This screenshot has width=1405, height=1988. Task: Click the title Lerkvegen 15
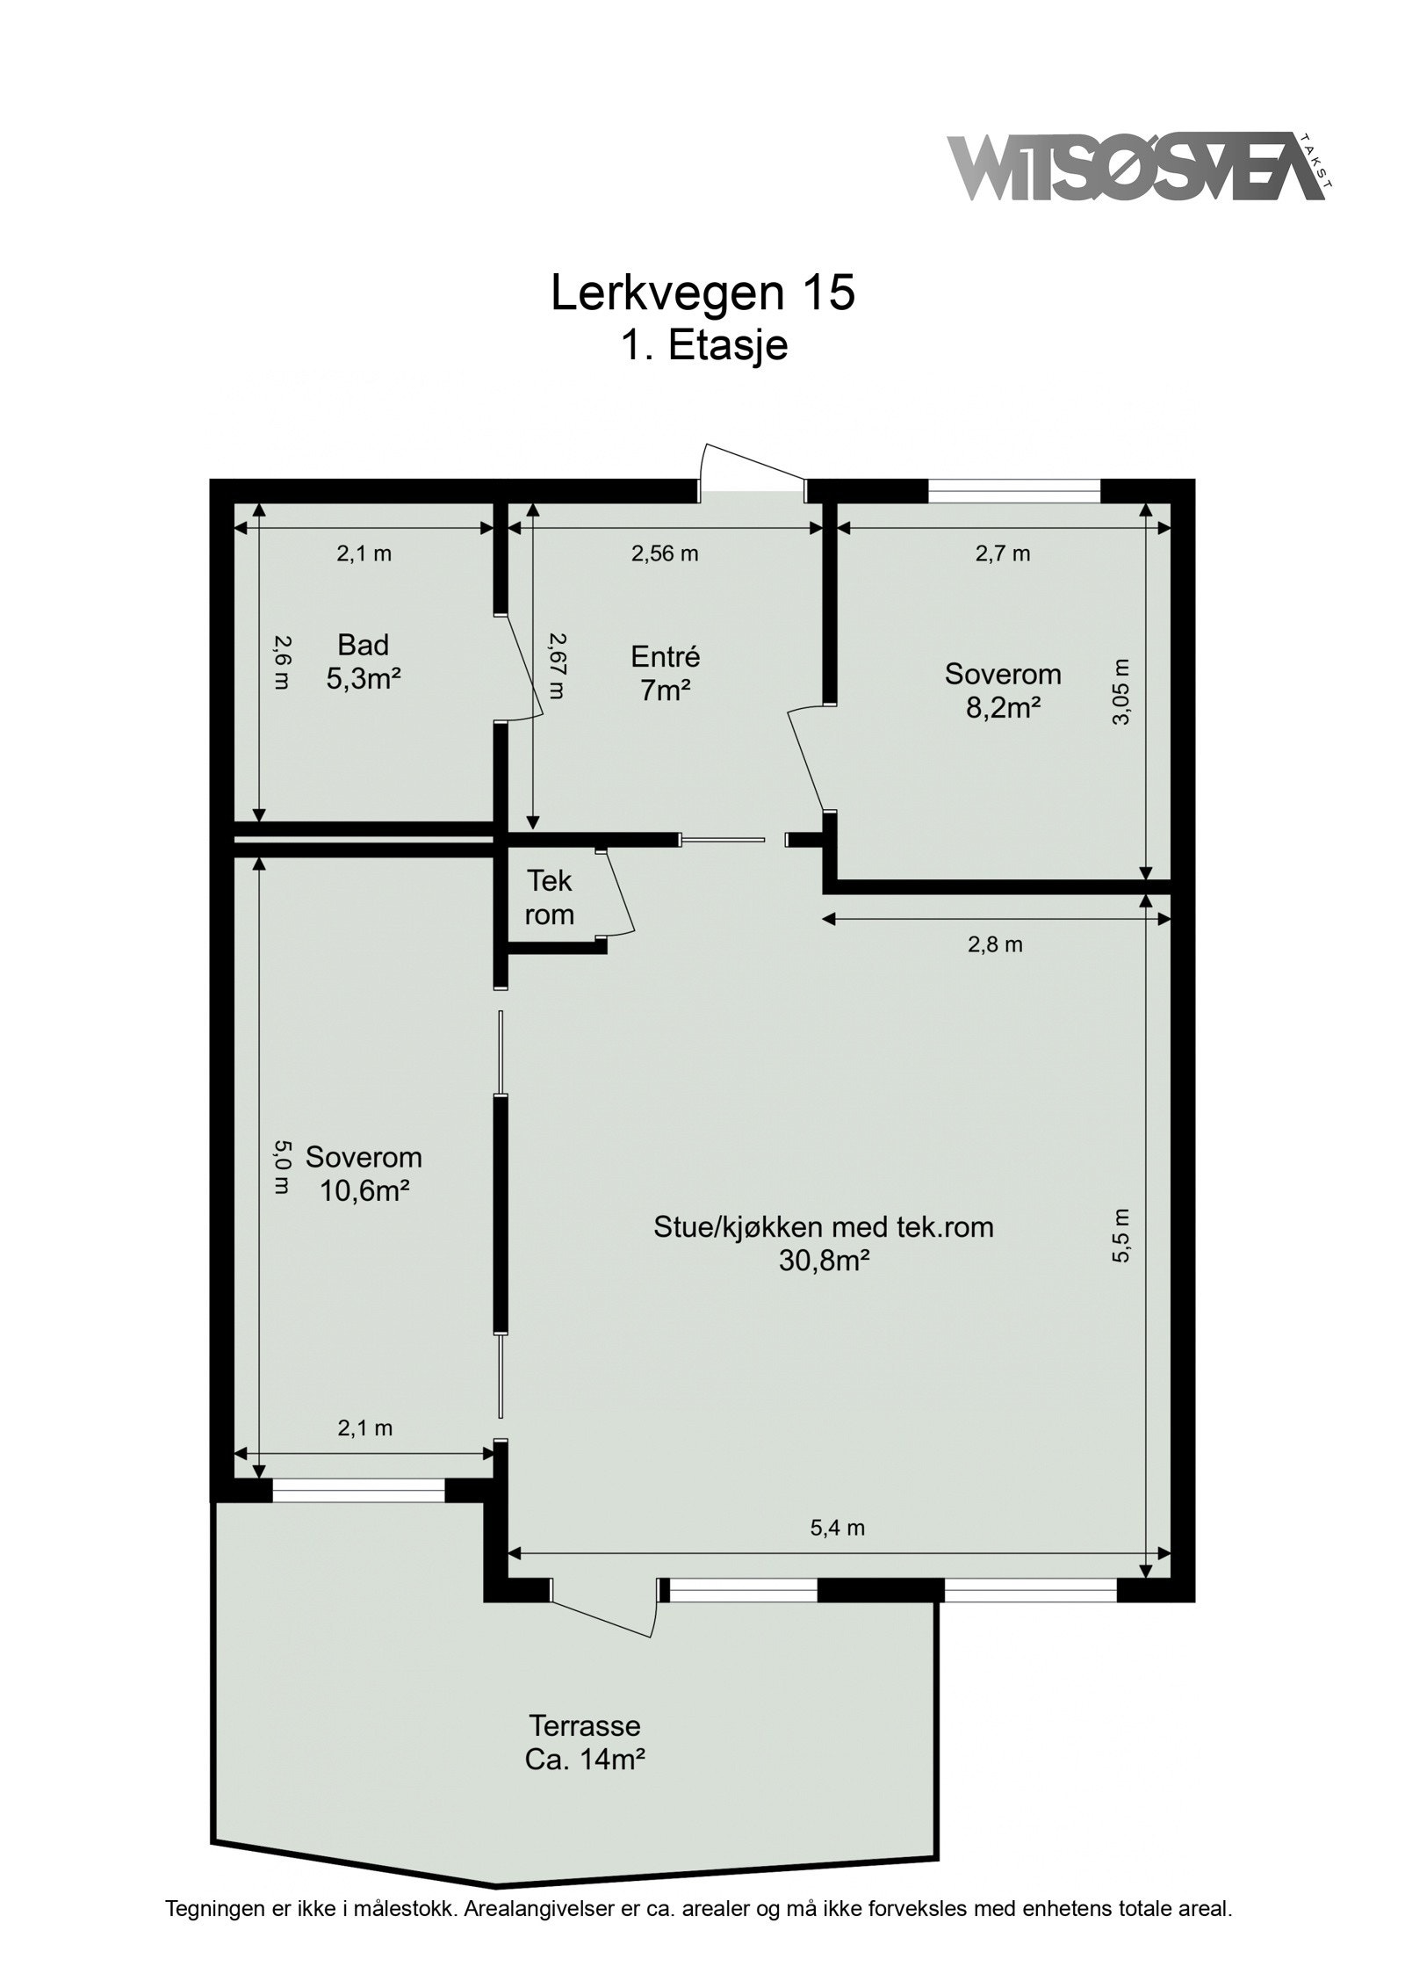[x=702, y=293]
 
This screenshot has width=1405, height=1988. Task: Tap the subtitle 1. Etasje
[x=703, y=345]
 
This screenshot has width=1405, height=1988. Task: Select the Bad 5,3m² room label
[x=363, y=661]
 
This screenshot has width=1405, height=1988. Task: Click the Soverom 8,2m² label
[x=1002, y=690]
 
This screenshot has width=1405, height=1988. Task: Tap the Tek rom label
[x=549, y=897]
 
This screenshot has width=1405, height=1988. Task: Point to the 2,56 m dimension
[x=665, y=553]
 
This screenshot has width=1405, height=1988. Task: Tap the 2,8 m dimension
[x=995, y=945]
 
